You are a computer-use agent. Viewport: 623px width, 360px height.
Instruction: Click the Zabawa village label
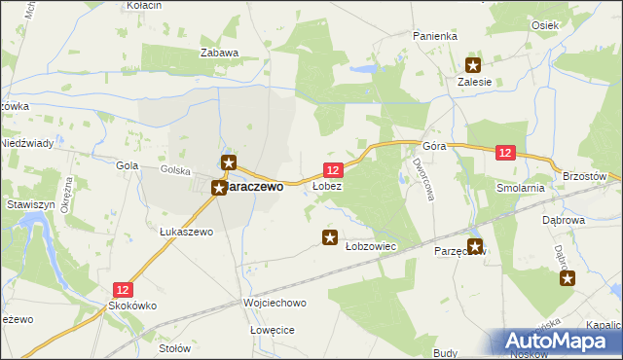(x=219, y=53)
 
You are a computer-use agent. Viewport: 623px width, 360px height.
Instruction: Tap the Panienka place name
(x=434, y=36)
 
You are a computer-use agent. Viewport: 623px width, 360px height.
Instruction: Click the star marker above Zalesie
(x=473, y=66)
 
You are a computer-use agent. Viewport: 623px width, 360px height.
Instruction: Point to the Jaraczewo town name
(x=254, y=187)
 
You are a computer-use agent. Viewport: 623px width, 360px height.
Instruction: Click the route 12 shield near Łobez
(x=332, y=170)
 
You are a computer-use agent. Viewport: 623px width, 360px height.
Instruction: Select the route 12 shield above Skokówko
(x=123, y=289)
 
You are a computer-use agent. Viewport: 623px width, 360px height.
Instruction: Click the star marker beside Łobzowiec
(x=330, y=236)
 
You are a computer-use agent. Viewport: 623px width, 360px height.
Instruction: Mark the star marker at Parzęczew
(x=475, y=246)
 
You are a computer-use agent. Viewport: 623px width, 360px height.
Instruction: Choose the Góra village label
(x=434, y=146)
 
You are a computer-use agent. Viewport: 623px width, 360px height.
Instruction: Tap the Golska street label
(x=175, y=169)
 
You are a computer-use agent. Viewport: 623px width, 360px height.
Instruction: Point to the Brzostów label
(x=586, y=175)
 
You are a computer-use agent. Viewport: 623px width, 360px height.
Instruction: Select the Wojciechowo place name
(x=275, y=304)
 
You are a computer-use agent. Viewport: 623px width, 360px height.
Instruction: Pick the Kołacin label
(x=144, y=6)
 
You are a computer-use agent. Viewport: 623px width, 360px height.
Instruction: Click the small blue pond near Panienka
(x=362, y=70)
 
